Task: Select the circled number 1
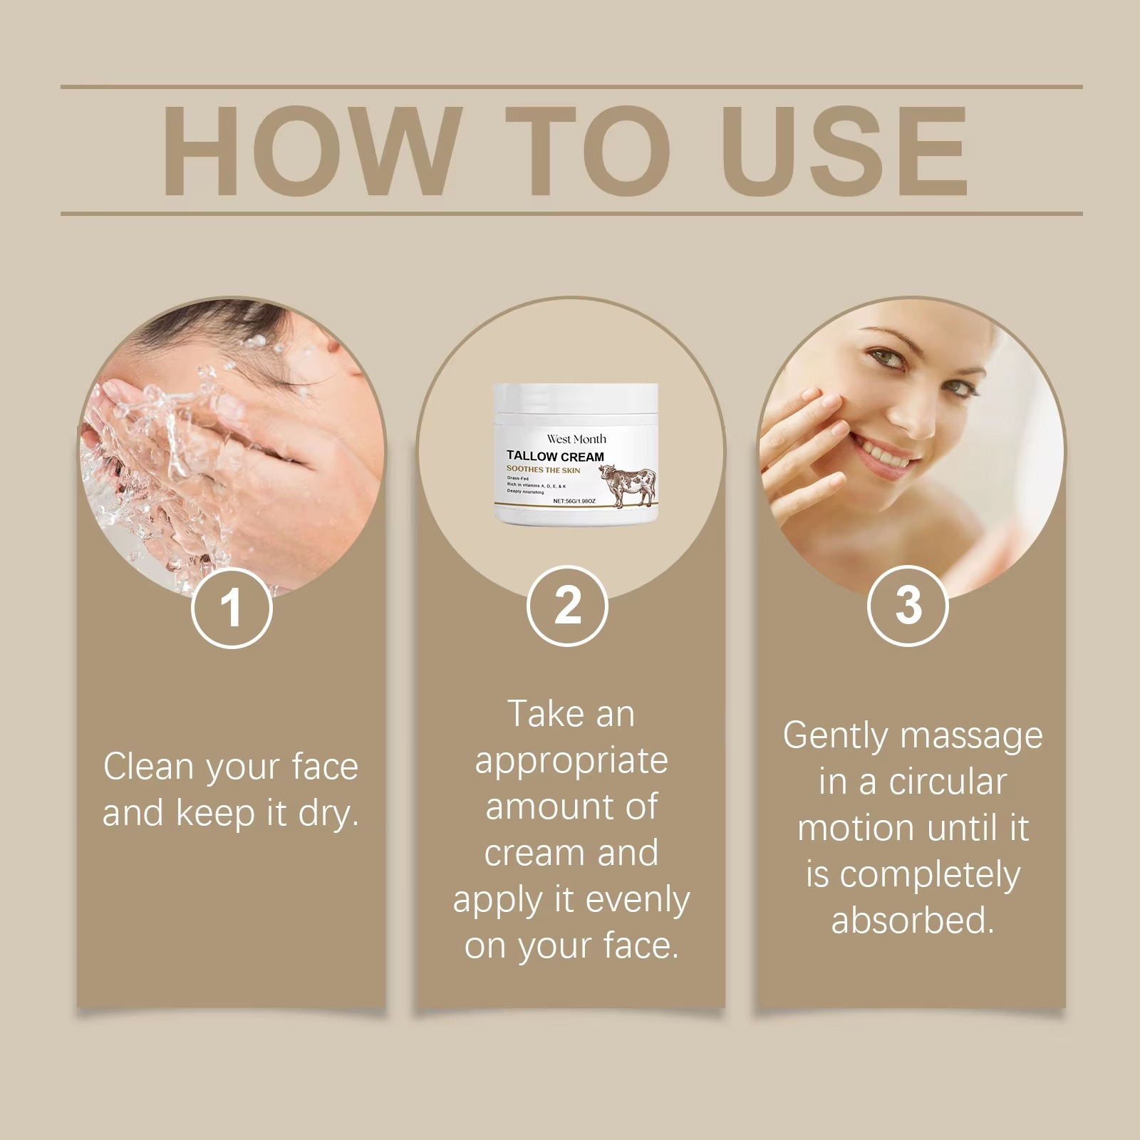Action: point(232,608)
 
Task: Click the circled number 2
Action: point(568,606)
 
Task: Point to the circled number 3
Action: point(908,605)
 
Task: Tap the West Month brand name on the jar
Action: point(576,439)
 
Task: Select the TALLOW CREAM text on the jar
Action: point(555,456)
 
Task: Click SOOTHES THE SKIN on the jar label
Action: point(543,470)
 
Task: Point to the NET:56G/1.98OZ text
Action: point(574,502)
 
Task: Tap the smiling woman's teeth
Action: point(883,450)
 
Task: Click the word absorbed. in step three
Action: point(912,921)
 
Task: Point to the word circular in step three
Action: point(948,782)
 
